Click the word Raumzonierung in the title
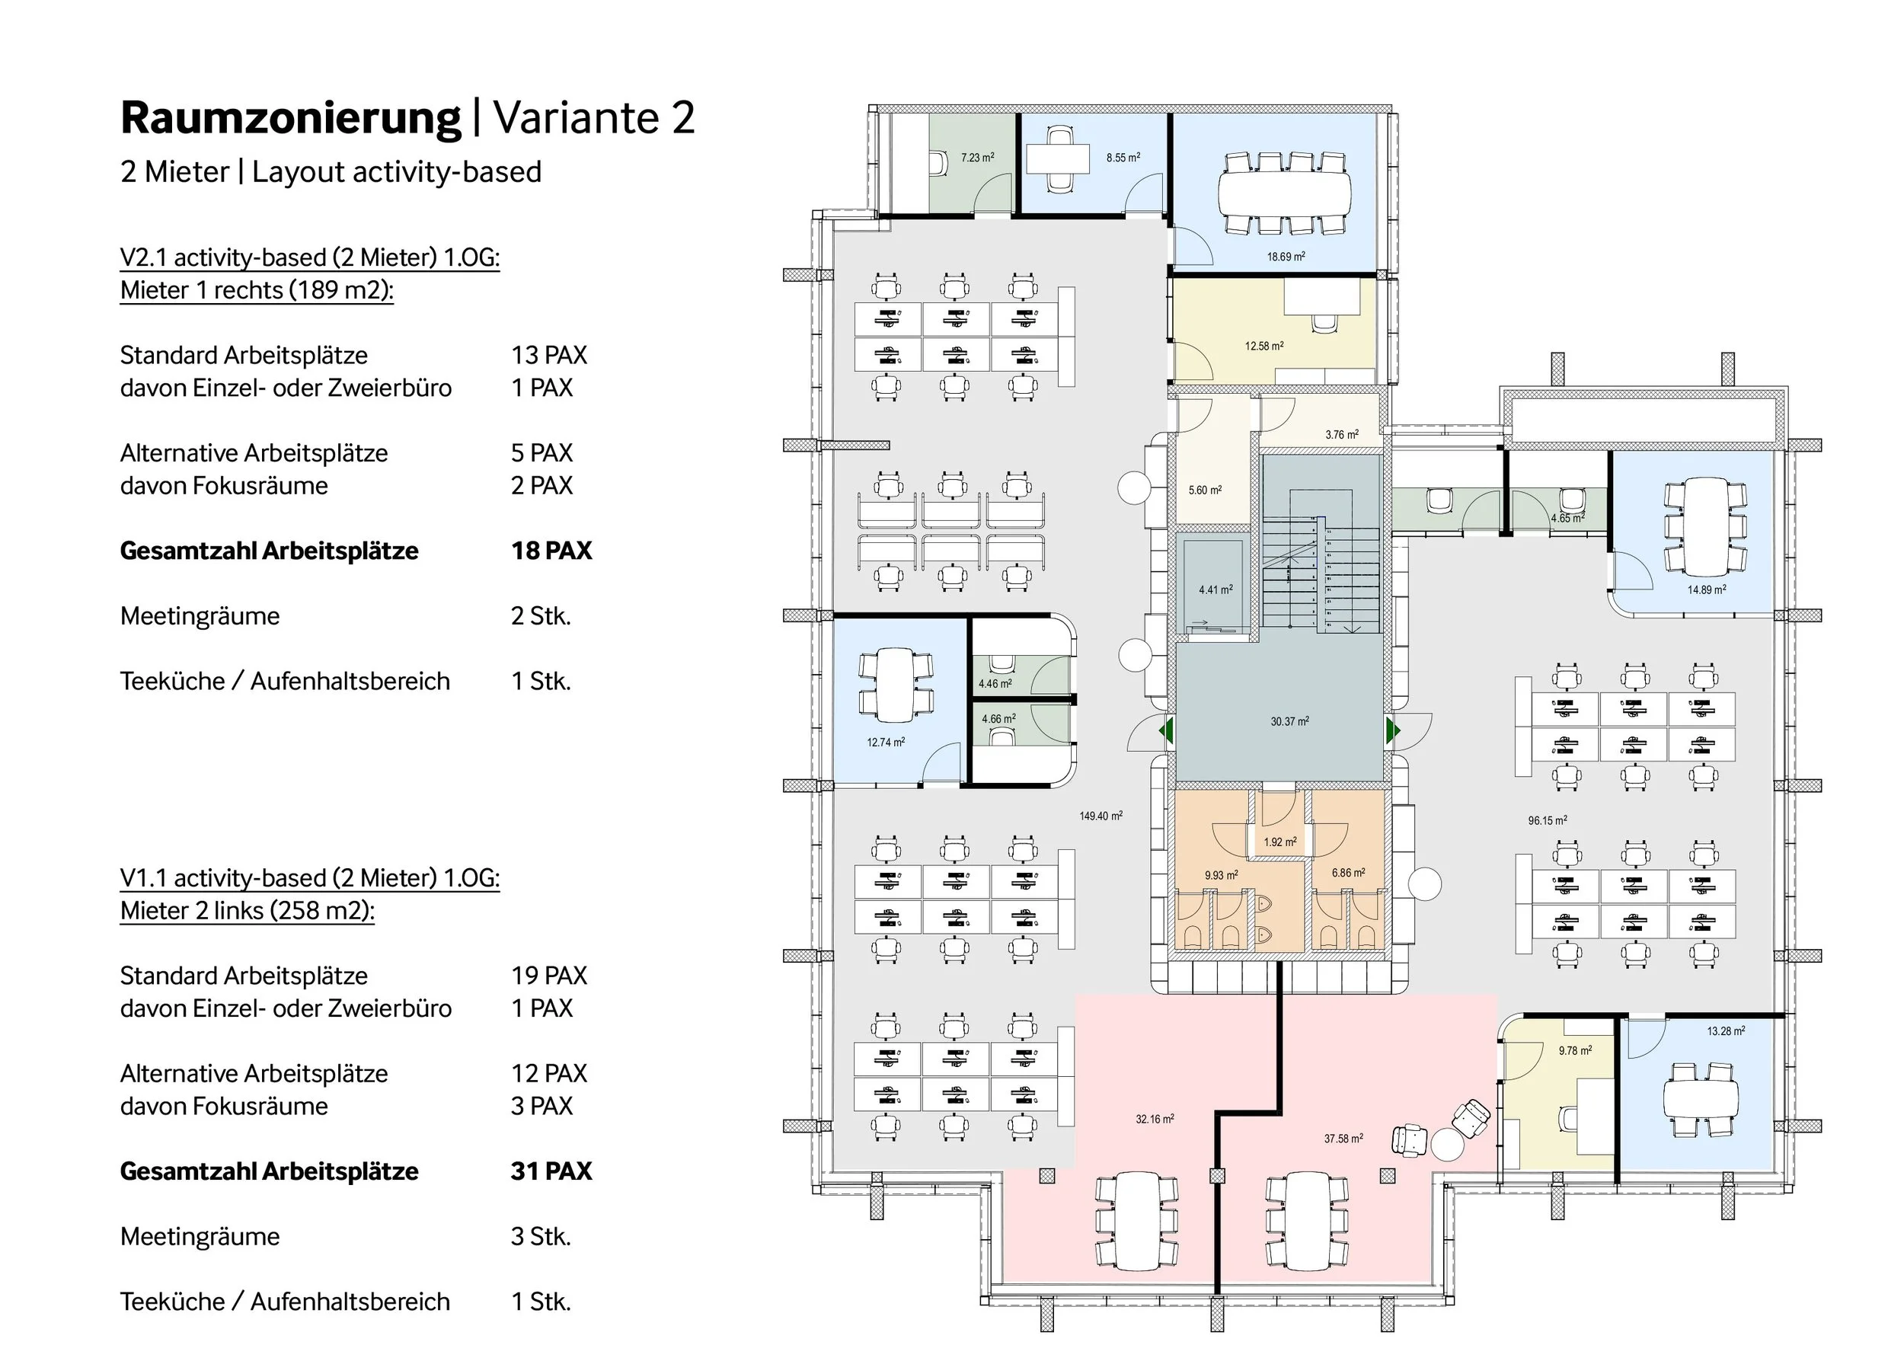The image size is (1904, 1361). [290, 118]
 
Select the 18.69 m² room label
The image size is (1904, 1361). [1285, 257]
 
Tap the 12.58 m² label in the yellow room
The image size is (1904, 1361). [1263, 345]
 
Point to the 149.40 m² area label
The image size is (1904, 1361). [1101, 816]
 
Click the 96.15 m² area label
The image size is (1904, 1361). [1547, 820]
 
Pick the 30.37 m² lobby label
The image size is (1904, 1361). [1289, 720]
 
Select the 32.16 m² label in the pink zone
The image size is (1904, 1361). [1154, 1119]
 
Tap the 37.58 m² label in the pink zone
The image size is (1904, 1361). [1343, 1138]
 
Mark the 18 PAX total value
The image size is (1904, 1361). [551, 551]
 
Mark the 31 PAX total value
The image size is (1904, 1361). [551, 1171]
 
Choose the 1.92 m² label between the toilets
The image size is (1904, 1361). [1279, 842]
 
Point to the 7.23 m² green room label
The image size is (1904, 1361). [977, 157]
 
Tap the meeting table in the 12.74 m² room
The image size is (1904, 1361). [895, 685]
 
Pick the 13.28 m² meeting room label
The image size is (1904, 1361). [1726, 1030]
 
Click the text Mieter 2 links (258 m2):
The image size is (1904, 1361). [248, 910]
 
